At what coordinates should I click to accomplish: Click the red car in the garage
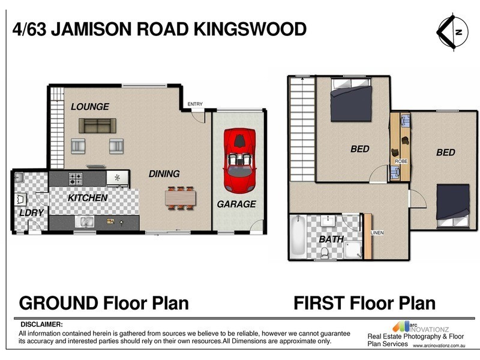[x=239, y=158]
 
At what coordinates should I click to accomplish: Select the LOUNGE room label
[x=90, y=107]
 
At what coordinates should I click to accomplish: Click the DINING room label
[x=164, y=174]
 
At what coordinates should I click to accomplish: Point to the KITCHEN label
[x=87, y=197]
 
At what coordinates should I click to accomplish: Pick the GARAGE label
[x=236, y=204]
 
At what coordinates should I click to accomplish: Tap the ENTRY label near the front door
[x=195, y=104]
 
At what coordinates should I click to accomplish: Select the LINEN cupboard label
[x=377, y=233]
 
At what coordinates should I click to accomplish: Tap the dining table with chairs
[x=181, y=196]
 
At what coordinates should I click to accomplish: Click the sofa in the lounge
[x=97, y=125]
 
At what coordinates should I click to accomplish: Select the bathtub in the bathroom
[x=298, y=237]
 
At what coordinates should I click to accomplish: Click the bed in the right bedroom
[x=452, y=206]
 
